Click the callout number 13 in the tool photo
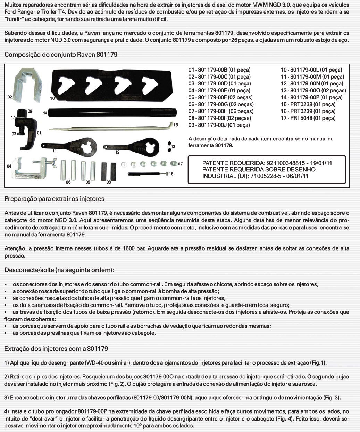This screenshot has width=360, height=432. (173, 147)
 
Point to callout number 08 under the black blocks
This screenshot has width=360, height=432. (109, 182)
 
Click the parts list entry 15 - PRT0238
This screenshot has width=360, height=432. (308, 104)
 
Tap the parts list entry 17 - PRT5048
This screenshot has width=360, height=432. (308, 118)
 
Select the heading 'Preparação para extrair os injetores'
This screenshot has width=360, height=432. (55, 199)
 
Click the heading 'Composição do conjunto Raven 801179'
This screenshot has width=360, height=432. (61, 55)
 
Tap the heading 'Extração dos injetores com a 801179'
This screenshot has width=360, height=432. (56, 349)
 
